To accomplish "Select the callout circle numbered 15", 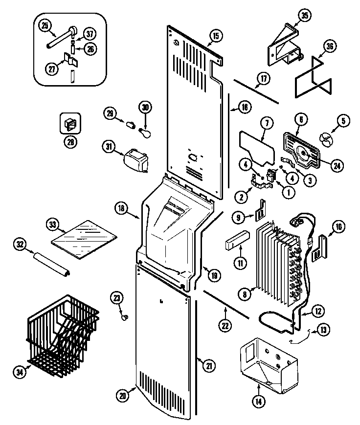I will (215, 35).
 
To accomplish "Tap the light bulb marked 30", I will (145, 131).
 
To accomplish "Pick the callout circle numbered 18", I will (122, 208).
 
